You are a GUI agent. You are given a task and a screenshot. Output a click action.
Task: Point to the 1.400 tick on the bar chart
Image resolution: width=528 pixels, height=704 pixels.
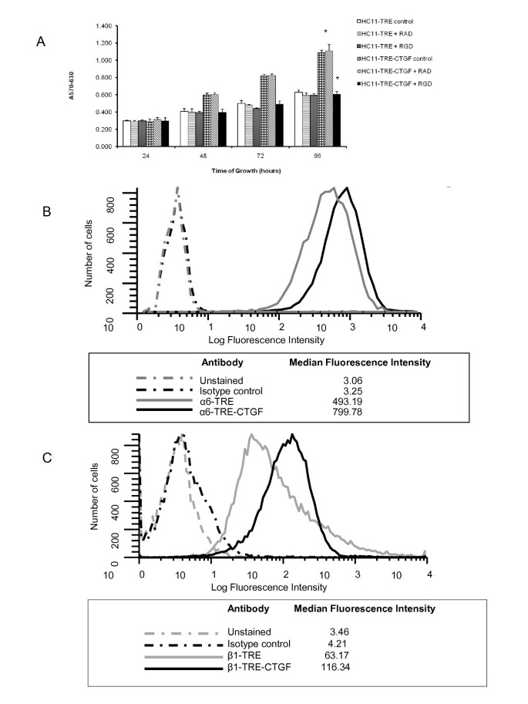click(x=103, y=25)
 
